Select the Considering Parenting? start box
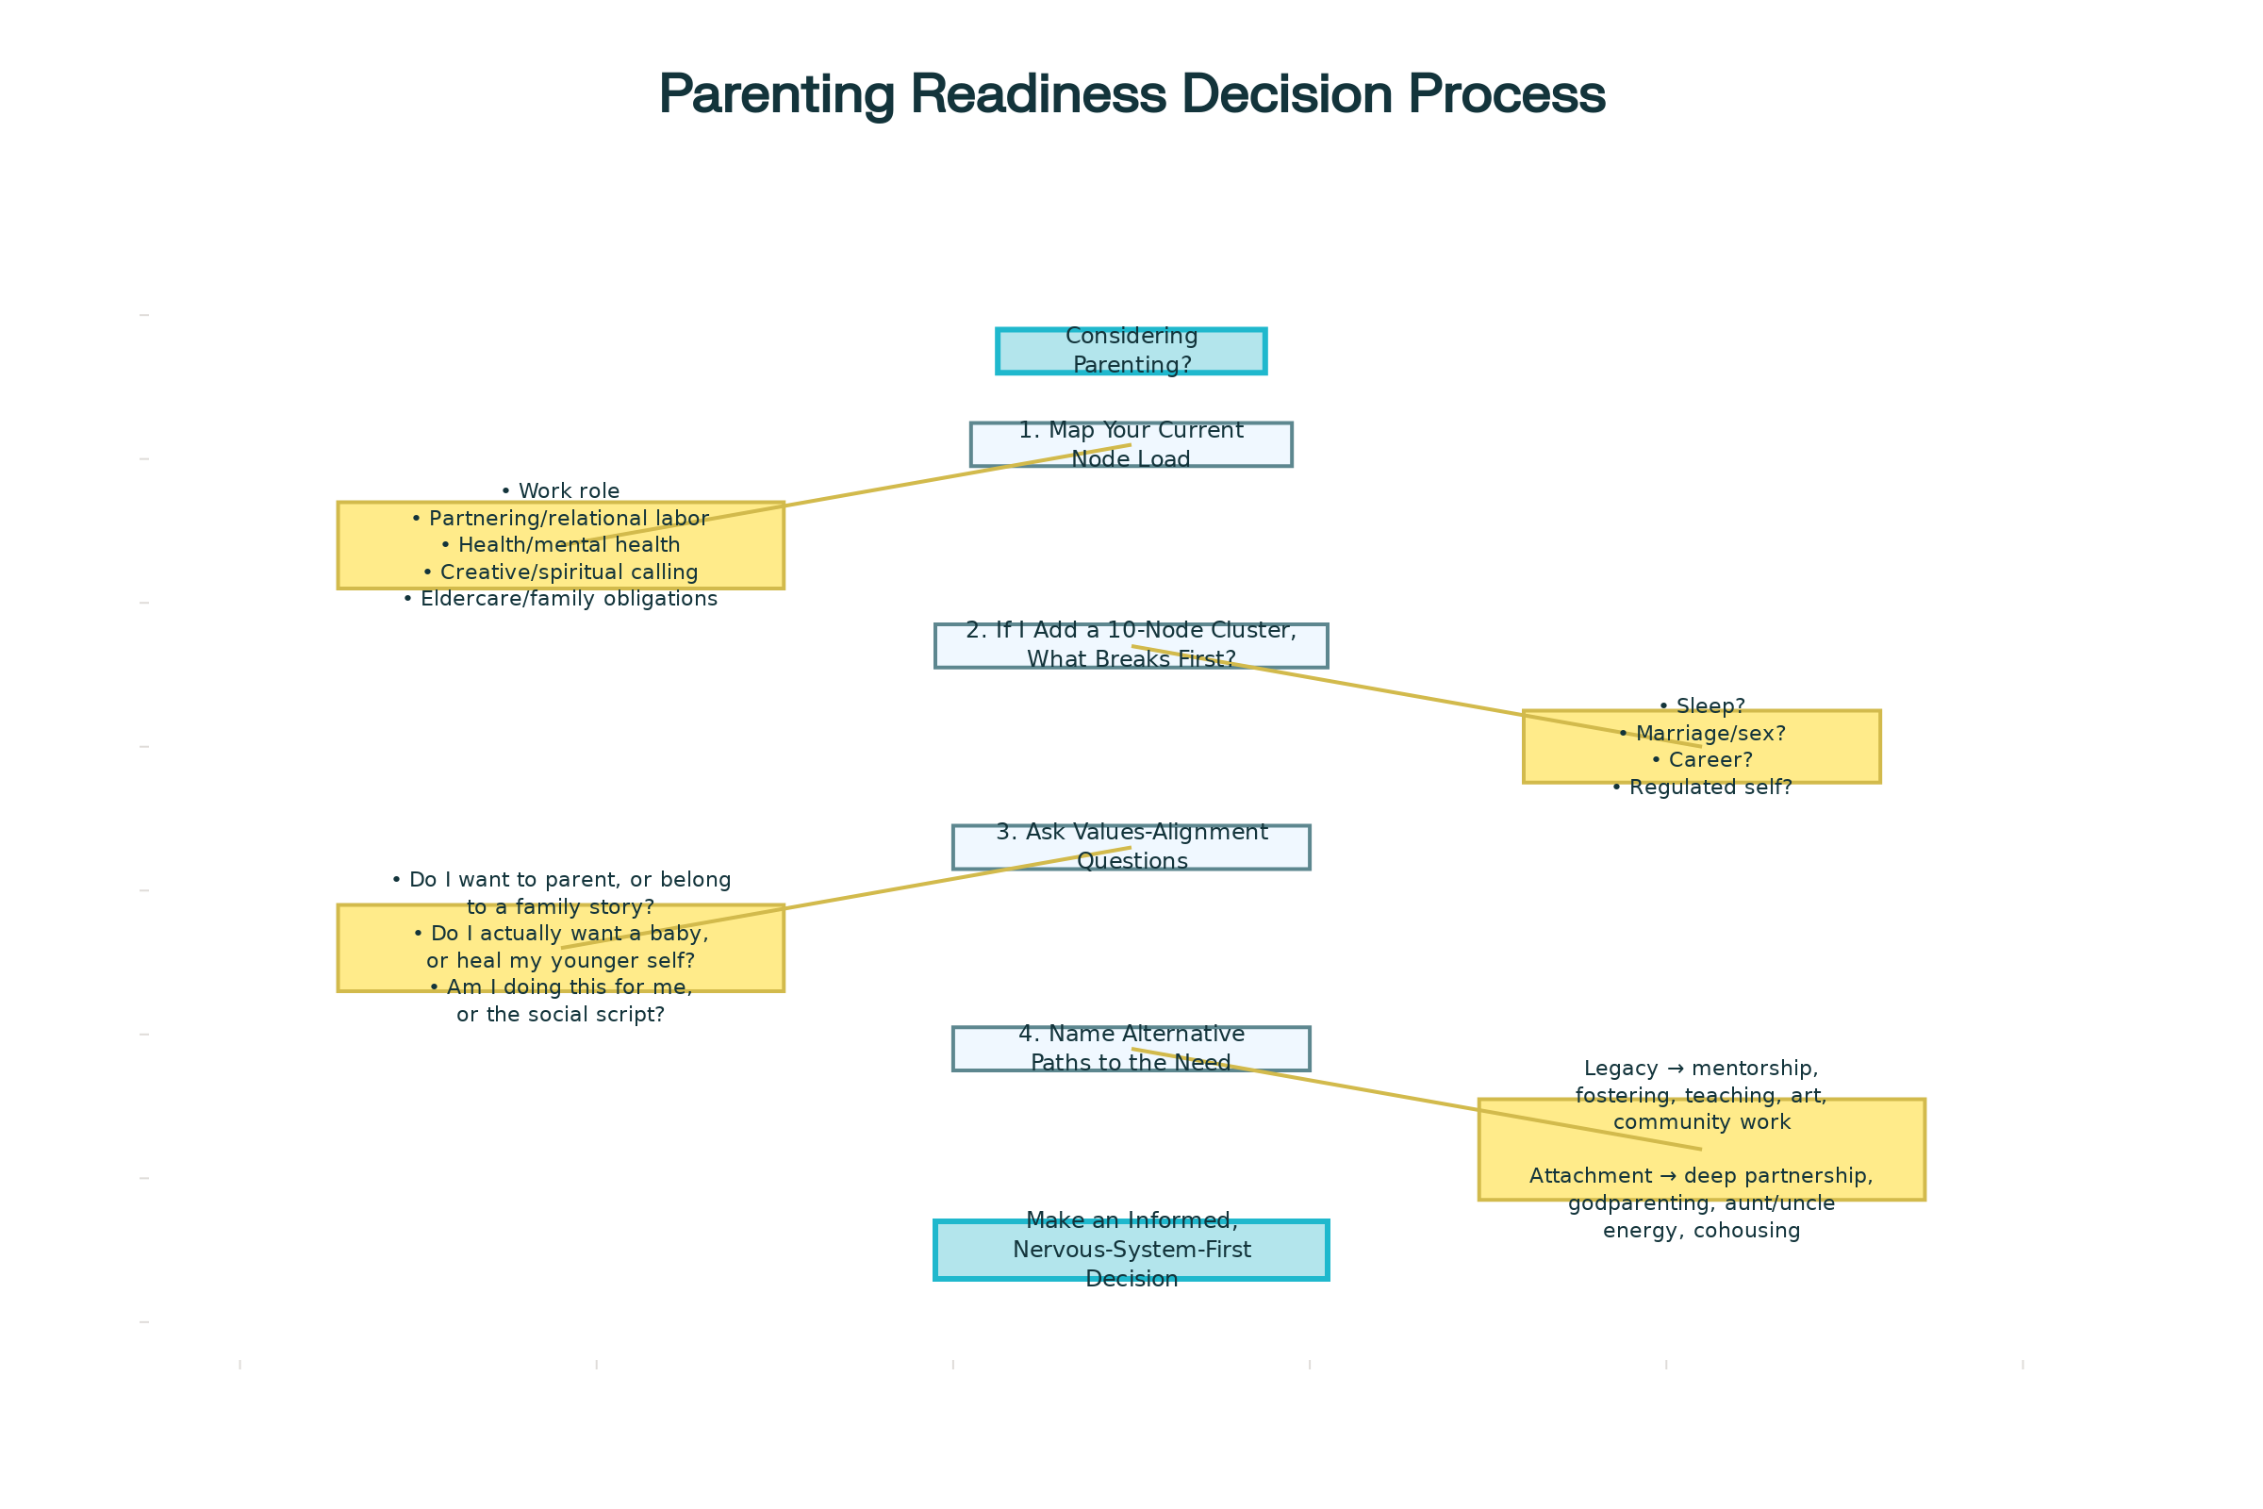coord(1131,350)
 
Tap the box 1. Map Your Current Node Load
coord(1131,444)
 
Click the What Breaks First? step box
coord(1131,646)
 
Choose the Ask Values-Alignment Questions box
coord(1131,847)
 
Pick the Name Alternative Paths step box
coord(1131,1048)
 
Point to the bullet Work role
coord(560,490)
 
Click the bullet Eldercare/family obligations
coord(560,599)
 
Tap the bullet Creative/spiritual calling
coord(560,572)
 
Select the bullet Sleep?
coord(1701,706)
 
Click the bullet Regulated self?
coord(1701,788)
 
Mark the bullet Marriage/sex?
coord(1701,734)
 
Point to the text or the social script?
coord(560,1015)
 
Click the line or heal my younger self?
coord(560,960)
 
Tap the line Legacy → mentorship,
coord(1701,1069)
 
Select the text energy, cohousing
coord(1701,1230)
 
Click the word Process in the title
coord(1507,94)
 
